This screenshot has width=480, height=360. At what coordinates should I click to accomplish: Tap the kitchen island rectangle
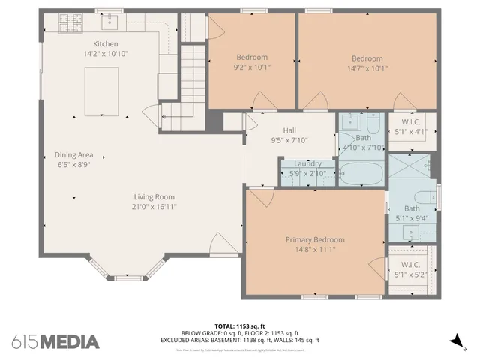point(100,90)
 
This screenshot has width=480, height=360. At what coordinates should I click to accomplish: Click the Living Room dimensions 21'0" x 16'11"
point(154,207)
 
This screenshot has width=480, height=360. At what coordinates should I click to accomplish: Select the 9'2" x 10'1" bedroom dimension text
point(253,67)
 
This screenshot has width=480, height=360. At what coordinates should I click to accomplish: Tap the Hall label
point(289,130)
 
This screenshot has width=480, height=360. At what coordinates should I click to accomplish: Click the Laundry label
point(307,163)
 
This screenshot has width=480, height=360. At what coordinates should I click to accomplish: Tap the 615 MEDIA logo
point(55,341)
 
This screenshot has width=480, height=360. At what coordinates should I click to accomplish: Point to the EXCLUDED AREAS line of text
point(239,339)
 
